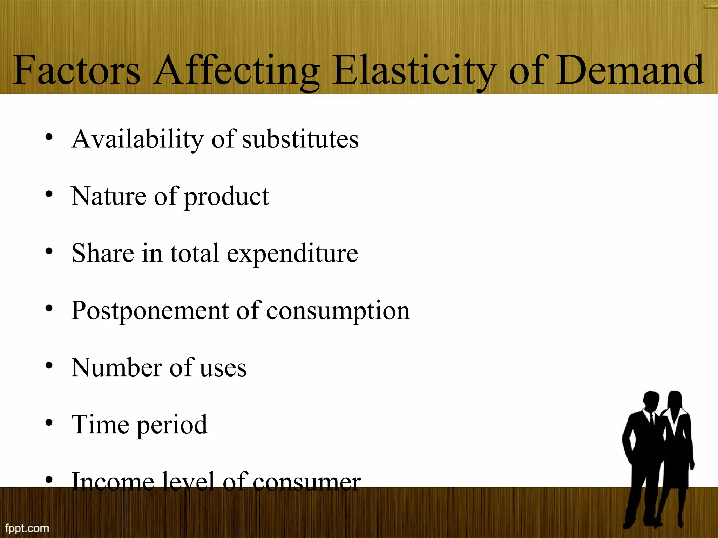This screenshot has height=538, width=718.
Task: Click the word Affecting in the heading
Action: pos(237,71)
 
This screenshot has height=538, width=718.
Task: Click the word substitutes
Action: pos(300,139)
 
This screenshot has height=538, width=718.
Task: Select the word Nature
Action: pos(109,196)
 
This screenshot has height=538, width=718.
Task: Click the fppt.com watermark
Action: pos(27,528)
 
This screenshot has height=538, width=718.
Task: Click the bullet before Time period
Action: pos(49,423)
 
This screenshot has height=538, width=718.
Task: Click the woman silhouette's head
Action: pos(675,399)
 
